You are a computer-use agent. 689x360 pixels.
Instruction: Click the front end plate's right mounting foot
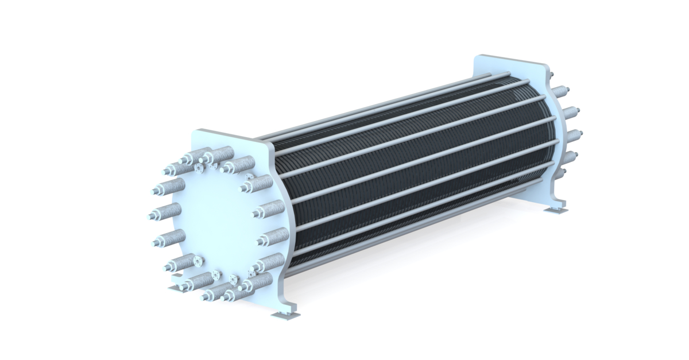pos(285,315)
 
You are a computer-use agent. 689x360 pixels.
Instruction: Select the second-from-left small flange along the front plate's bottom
pos(216,274)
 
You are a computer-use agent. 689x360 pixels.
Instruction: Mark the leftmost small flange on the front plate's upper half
pos(199,169)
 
